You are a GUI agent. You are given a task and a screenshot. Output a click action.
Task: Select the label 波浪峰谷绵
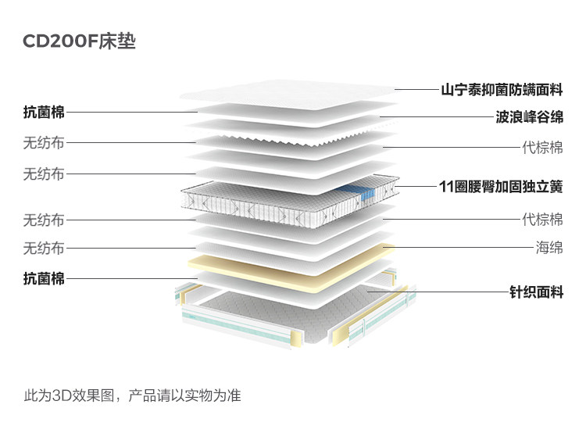529,117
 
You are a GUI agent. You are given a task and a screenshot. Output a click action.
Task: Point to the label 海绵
549,248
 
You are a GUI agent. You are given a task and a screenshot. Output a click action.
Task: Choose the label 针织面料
535,293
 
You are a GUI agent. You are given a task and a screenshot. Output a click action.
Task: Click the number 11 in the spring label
446,188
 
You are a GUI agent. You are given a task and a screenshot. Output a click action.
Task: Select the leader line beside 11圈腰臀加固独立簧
414,188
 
